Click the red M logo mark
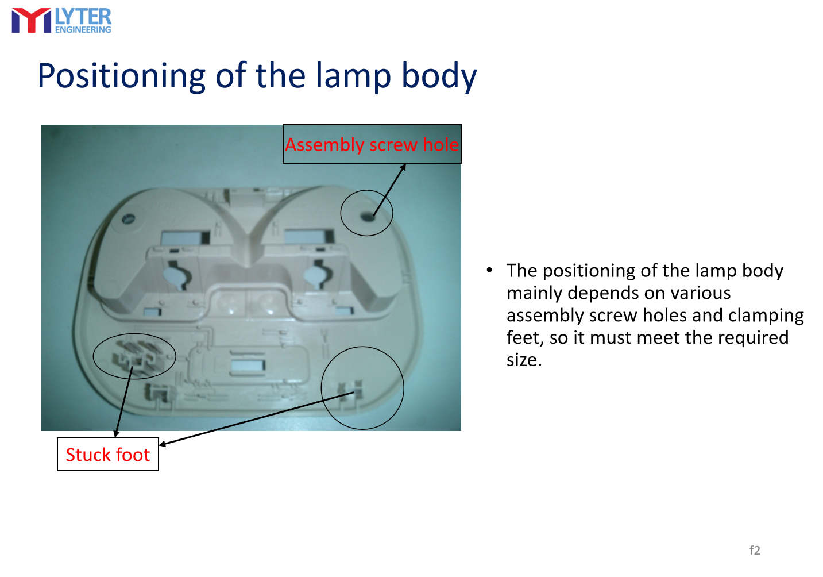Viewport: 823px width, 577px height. point(31,21)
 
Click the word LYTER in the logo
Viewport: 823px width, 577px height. point(83,17)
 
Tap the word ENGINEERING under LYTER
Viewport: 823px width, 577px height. point(83,30)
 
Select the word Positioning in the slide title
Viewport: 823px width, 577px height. point(121,76)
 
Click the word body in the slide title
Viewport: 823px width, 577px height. point(439,76)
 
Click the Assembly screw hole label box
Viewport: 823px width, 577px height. point(372,144)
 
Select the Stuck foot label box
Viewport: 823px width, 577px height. point(107,454)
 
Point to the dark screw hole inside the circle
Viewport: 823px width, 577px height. point(367,216)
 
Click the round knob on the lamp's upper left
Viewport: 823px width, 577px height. point(129,219)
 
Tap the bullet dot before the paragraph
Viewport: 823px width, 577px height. point(489,270)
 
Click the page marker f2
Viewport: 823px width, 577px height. point(755,550)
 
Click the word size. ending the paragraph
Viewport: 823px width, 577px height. point(524,360)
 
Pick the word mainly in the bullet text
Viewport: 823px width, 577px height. point(534,294)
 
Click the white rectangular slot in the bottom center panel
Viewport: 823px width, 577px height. point(248,365)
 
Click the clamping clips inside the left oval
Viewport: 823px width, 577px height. point(134,356)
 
